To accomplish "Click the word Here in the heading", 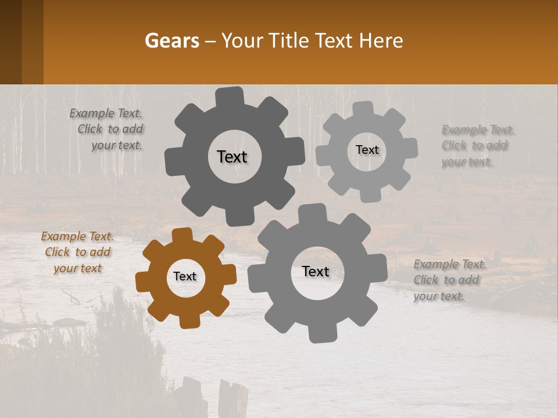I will pyautogui.click(x=381, y=41).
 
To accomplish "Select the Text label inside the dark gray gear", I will pyautogui.click(x=232, y=157).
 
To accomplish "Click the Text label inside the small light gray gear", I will pyautogui.click(x=367, y=150).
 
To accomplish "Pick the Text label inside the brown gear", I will pyautogui.click(x=185, y=277).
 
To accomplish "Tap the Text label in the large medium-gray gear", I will pyautogui.click(x=316, y=272).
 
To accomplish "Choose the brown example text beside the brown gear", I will pyautogui.click(x=78, y=253).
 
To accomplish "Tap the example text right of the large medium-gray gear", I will pyautogui.click(x=449, y=280).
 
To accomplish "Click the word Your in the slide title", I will pyautogui.click(x=244, y=41).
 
